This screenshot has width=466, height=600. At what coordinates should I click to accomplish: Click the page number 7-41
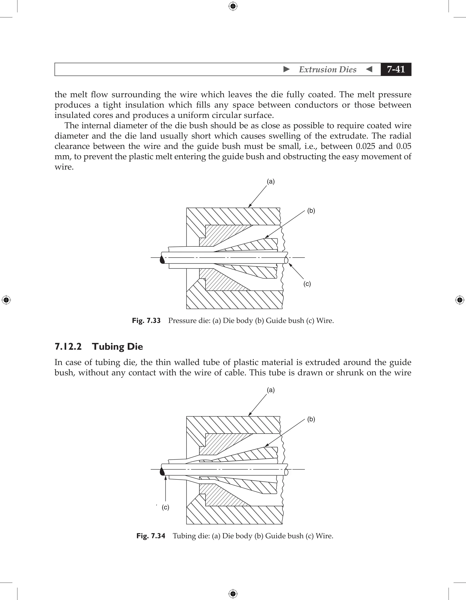click(x=396, y=69)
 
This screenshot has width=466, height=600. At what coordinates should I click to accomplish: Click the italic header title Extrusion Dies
click(x=327, y=69)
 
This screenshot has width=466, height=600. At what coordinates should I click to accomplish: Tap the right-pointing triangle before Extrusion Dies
click(x=286, y=69)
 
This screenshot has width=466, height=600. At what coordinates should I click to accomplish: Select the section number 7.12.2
click(x=68, y=346)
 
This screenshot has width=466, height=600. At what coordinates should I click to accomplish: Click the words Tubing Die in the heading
click(x=118, y=346)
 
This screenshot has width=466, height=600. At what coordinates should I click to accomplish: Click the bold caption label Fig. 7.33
click(x=146, y=321)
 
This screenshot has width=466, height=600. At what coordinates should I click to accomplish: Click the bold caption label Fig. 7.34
click(x=151, y=536)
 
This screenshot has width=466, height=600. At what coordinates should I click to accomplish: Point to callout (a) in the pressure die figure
click(x=271, y=181)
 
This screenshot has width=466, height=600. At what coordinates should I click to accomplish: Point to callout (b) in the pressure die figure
click(x=311, y=211)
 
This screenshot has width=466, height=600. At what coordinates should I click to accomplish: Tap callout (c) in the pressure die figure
click(x=307, y=284)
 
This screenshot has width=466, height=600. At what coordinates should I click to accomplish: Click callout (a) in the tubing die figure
click(x=271, y=390)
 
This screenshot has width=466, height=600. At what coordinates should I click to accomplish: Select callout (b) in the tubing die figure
click(x=311, y=419)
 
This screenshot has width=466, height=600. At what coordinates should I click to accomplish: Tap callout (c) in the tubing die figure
click(x=165, y=507)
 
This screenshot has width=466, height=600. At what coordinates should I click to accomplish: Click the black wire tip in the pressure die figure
click(x=162, y=260)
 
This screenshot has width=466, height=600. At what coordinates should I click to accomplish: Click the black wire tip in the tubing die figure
click(x=162, y=471)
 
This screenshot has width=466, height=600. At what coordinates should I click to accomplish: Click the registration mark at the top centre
click(x=233, y=6)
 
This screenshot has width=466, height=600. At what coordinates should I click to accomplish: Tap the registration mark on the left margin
click(x=6, y=300)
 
